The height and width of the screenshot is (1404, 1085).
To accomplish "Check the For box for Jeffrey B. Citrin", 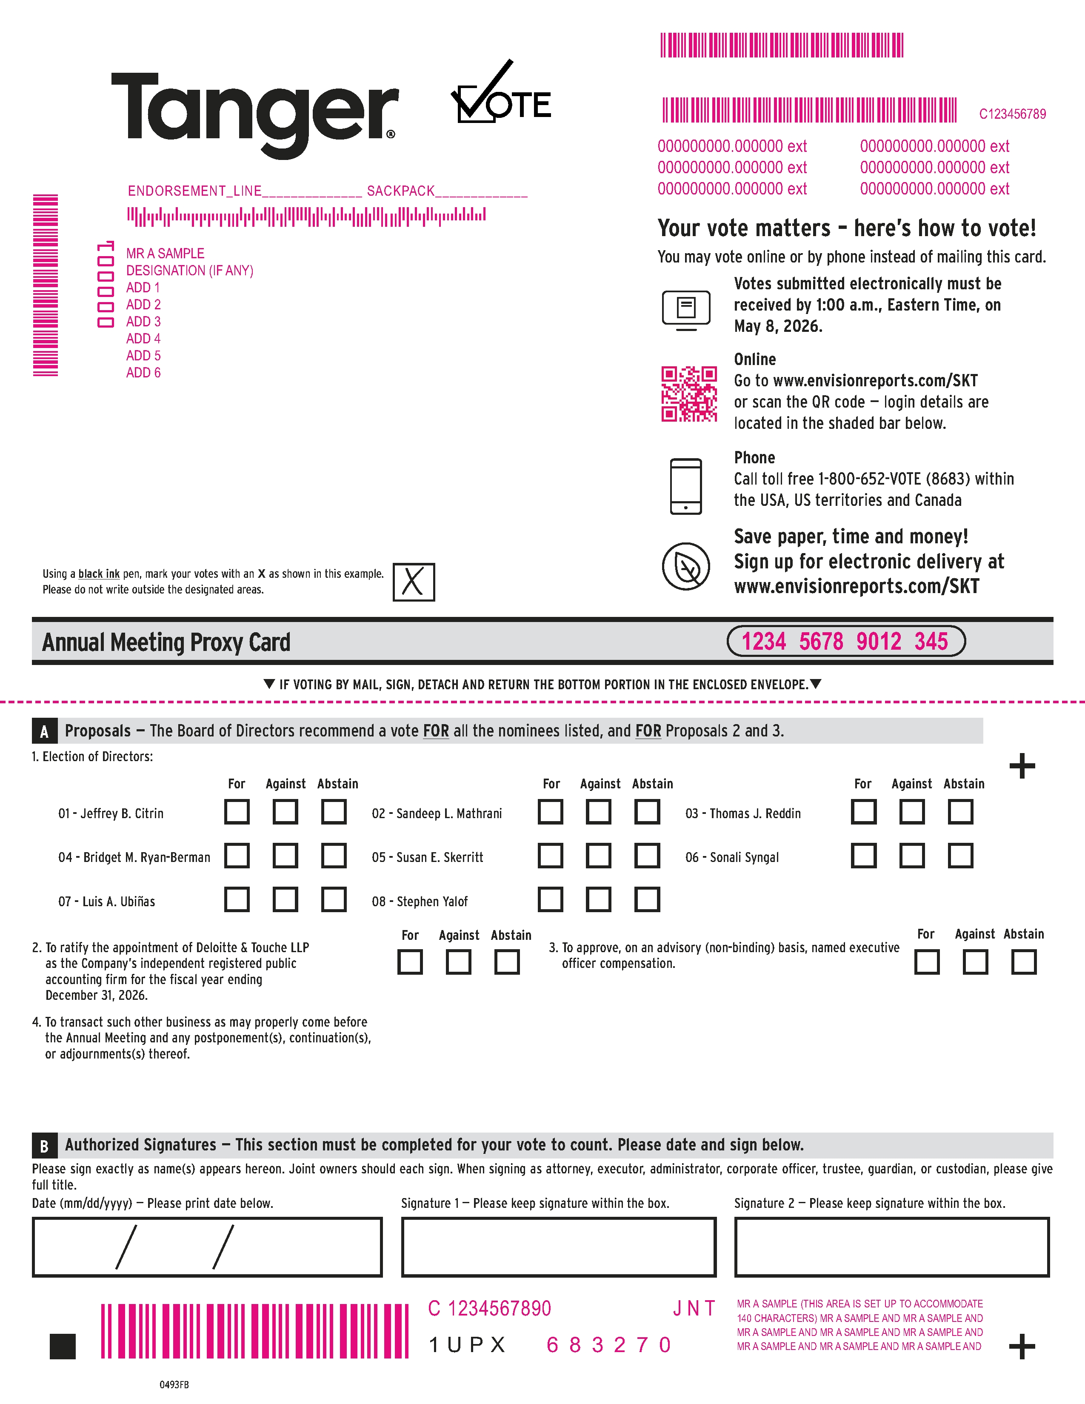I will tap(237, 812).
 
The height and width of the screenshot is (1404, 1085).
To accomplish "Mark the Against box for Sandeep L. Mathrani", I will tap(598, 812).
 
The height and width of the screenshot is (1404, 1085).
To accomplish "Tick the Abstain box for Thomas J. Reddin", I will tap(960, 812).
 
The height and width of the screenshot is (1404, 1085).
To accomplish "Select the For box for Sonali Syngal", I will tap(863, 856).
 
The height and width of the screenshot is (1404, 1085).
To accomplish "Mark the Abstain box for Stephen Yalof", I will tap(647, 899).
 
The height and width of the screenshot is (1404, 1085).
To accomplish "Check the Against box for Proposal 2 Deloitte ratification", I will tap(458, 962).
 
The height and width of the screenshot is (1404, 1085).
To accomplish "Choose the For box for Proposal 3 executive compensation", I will tap(926, 962).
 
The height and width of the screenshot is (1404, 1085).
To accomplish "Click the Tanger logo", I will tap(254, 112).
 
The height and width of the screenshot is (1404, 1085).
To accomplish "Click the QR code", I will tap(689, 394).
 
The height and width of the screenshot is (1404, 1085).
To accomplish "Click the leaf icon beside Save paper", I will tap(686, 566).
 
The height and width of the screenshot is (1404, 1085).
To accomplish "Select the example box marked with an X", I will tap(413, 582).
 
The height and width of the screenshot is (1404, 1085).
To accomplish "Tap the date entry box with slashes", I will tap(207, 1247).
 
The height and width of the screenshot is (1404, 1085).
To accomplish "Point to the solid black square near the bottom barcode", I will tap(63, 1346).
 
